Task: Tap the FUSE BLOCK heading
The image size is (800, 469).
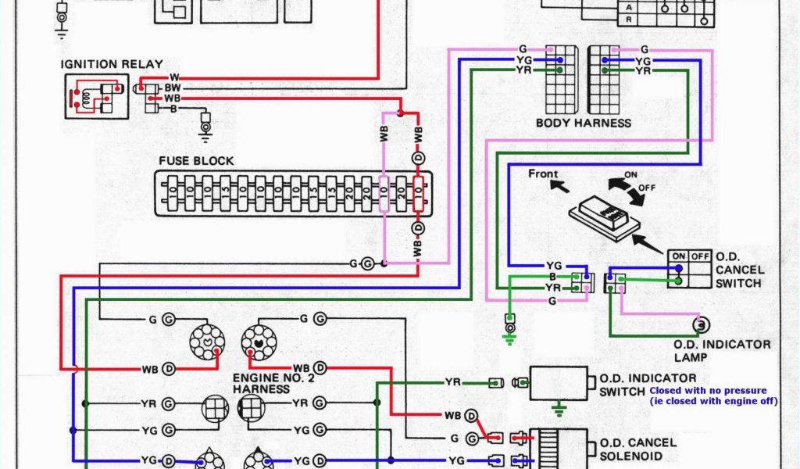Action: click(196, 161)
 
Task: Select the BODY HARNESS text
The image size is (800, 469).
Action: click(583, 123)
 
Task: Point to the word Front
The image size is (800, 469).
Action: click(543, 174)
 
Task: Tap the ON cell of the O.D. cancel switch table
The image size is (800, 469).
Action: click(678, 256)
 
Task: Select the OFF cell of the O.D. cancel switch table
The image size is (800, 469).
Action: click(699, 256)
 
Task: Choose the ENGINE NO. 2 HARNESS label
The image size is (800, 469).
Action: click(267, 383)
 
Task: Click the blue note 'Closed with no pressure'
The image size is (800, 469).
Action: click(708, 390)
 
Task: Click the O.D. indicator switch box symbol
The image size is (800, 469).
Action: click(559, 383)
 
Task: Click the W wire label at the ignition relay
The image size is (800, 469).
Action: click(173, 77)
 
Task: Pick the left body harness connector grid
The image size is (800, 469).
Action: click(560, 80)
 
